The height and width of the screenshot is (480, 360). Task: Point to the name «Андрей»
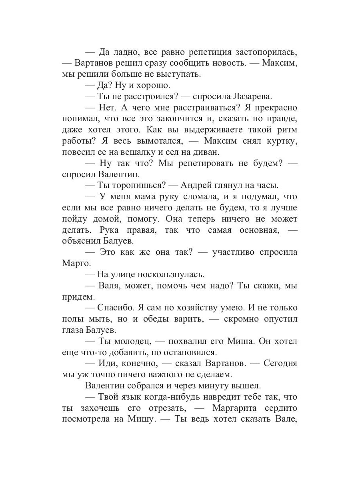pos(198,185)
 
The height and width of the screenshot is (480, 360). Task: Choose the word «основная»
pos(251,230)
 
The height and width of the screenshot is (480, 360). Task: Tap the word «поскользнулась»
pos(171,274)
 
